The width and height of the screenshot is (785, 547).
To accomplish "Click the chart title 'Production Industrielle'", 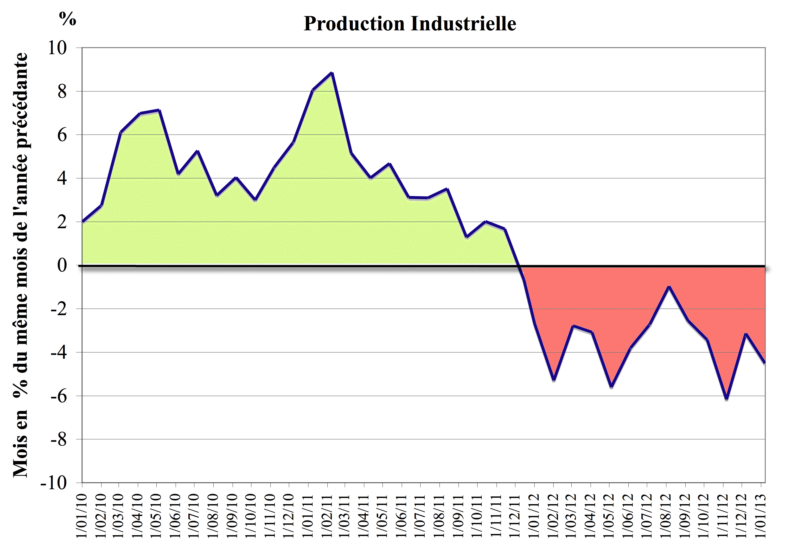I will point(410,24).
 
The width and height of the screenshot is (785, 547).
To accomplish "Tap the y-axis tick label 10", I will point(57,48).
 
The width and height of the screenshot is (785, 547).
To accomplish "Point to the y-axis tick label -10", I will point(54,483).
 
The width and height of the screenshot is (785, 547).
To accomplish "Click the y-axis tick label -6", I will point(58,396).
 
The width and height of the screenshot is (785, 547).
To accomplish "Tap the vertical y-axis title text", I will point(20,265).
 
